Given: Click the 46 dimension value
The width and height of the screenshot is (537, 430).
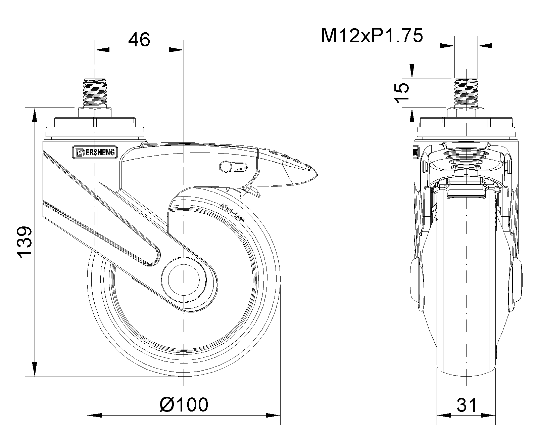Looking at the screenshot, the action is click(139, 40).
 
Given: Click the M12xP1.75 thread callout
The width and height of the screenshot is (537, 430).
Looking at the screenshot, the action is click(372, 36).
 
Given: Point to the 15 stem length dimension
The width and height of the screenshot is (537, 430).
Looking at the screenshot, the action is click(401, 93).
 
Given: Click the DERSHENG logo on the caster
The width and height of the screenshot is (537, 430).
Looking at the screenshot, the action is click(95, 152).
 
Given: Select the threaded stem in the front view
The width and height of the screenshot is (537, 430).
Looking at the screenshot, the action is click(466, 93).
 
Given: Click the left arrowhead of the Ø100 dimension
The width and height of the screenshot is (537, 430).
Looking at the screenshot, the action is click(94, 415).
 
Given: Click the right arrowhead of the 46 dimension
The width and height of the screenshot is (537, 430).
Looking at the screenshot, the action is click(177, 50).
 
